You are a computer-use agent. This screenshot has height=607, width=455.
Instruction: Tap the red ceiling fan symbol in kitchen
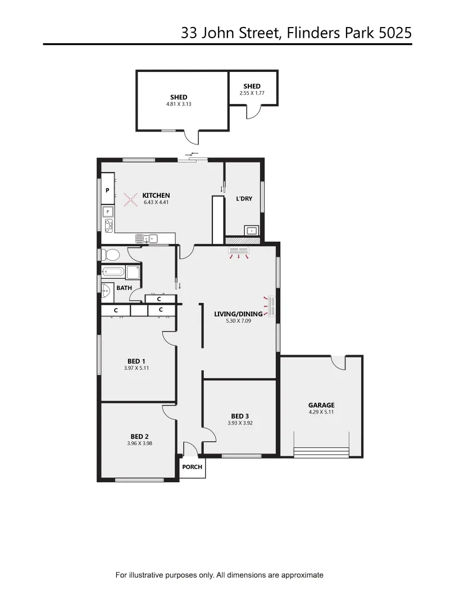tap(131, 199)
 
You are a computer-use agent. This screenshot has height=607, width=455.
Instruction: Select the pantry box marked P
tap(107, 191)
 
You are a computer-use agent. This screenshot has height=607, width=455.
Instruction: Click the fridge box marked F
tap(107, 212)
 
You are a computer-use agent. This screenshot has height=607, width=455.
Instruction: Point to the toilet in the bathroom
tap(110, 255)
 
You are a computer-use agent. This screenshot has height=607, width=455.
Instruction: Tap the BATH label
tap(124, 288)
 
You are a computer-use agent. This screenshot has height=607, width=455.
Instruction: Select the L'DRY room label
tap(244, 199)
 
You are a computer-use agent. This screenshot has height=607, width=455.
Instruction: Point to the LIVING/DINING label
tap(238, 314)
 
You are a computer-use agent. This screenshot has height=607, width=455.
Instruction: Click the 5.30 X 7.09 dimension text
tap(238, 321)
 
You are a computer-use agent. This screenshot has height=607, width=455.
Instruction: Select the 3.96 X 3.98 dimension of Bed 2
tap(140, 443)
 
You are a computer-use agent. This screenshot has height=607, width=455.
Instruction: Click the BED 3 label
tap(240, 416)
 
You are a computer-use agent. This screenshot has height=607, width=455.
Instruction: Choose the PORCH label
tap(192, 467)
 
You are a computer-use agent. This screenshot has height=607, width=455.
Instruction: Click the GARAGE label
tap(321, 405)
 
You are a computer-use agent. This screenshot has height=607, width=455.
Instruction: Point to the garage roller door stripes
tap(321, 451)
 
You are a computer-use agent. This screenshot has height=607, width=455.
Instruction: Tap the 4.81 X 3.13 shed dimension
tap(179, 104)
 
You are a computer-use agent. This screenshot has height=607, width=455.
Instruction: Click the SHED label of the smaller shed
tap(252, 86)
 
